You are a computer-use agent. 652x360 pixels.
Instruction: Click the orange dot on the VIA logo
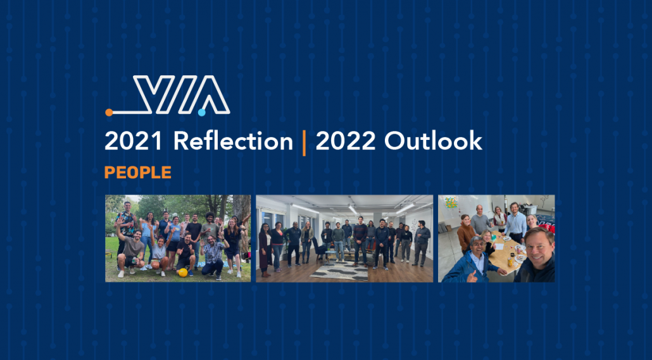click(109, 112)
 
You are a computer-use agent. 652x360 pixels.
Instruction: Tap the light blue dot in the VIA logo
click(202, 112)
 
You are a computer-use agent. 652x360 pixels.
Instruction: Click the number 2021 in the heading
click(134, 141)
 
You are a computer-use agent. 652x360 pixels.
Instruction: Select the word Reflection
click(234, 141)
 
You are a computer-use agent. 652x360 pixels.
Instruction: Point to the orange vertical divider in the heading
click(304, 142)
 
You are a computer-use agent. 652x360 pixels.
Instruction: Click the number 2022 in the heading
click(346, 141)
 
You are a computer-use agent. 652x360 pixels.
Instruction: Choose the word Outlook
click(433, 141)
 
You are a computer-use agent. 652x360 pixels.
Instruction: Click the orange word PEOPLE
click(137, 172)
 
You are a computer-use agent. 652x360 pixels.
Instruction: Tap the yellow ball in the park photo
click(182, 273)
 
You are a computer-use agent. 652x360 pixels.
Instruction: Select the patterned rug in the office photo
click(339, 271)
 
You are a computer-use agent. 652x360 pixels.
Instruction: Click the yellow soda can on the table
click(510, 261)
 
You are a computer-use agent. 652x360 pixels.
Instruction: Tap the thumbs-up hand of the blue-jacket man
click(472, 276)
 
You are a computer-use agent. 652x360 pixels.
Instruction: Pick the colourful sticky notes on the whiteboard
click(451, 202)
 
